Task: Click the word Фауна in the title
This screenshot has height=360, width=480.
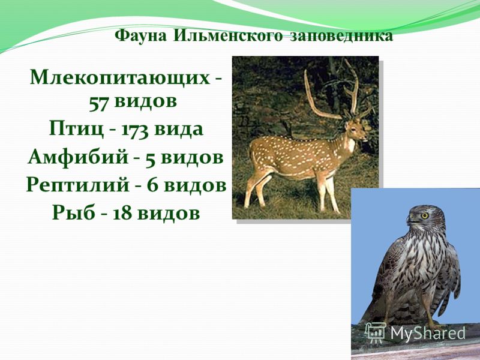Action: pos(141,36)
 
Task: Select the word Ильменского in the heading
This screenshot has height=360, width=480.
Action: pos(228,36)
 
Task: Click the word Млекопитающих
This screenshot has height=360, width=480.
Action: pos(120,78)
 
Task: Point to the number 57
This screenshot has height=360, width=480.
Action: pos(99,103)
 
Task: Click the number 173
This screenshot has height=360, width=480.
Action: pos(134,130)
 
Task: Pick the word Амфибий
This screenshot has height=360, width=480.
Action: pos(78,157)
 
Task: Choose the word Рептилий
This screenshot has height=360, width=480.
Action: pos(78,185)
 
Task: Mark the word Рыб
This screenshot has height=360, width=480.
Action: pos(73,212)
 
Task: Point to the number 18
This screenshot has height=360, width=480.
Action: pos(122,213)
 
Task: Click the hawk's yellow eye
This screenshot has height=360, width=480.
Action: pos(425,215)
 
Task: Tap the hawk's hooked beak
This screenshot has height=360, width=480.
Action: pos(410,218)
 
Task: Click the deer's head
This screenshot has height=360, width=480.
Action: pos(356,128)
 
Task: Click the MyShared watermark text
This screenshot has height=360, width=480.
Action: pos(428,333)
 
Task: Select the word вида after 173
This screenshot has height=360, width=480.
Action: pos(178,130)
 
